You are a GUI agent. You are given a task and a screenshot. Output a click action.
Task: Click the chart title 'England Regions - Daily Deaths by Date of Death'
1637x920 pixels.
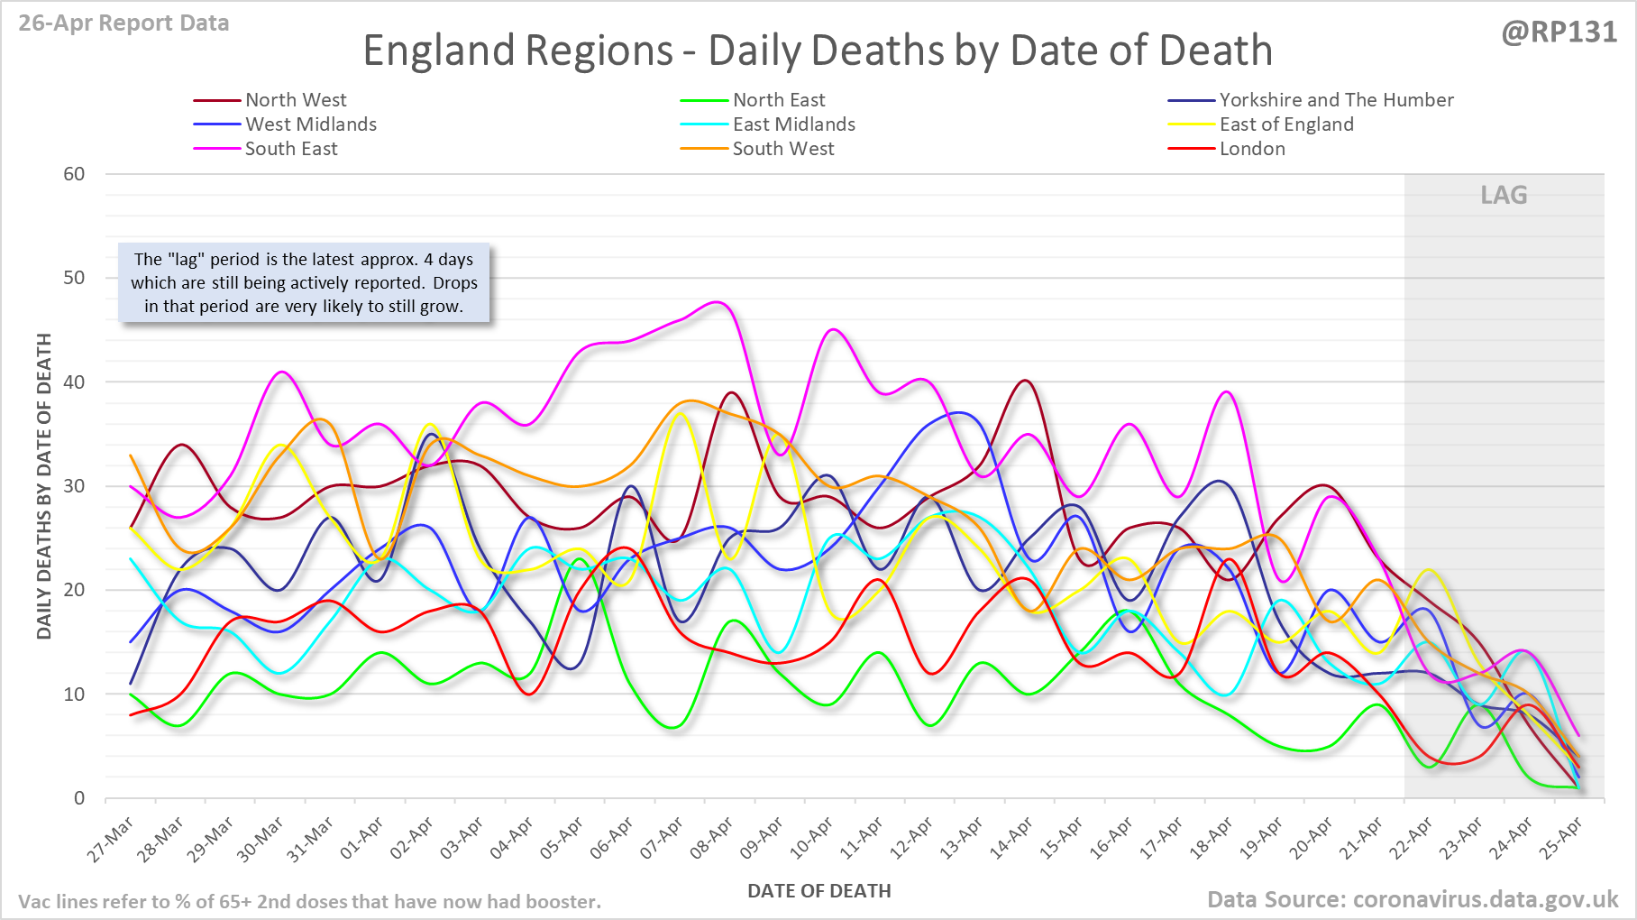[x=818, y=51]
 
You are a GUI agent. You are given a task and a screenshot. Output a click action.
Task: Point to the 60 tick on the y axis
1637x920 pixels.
[x=74, y=174]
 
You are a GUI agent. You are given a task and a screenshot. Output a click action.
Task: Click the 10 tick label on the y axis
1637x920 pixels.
[x=74, y=695]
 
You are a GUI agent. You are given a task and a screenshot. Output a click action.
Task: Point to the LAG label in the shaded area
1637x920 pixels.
[x=1504, y=195]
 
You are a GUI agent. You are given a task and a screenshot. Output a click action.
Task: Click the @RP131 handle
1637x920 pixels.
[x=1559, y=32]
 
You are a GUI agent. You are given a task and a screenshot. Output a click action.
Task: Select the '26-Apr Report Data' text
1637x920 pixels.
[x=123, y=23]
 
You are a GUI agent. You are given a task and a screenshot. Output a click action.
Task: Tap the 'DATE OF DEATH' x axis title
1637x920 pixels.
[x=818, y=891]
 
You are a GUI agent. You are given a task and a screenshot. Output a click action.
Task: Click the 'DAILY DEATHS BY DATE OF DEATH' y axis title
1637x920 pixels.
[x=44, y=486]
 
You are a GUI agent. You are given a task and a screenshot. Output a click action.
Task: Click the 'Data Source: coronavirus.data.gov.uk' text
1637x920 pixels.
[x=1413, y=899]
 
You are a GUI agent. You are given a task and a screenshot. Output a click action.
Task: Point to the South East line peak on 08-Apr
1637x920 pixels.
[x=718, y=302]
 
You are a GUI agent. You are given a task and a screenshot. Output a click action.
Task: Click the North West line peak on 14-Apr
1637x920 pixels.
[x=1025, y=381]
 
